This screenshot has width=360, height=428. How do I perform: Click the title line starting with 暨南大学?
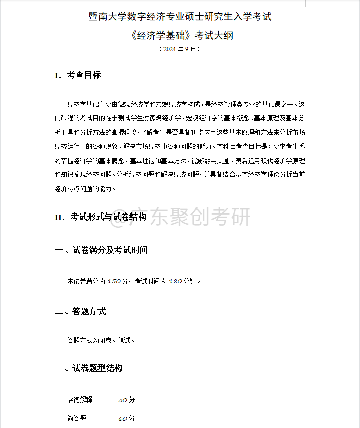(180, 17)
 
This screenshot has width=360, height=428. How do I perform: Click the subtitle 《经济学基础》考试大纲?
(180, 36)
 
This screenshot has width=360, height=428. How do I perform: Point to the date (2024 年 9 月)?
(180, 50)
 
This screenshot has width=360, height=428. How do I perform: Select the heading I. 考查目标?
(78, 75)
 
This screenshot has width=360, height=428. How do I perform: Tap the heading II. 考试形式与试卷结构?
(101, 217)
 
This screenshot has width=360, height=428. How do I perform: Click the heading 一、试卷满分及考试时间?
(102, 250)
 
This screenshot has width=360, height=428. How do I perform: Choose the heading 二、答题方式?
(81, 312)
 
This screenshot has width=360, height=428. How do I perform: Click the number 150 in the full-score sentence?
(114, 281)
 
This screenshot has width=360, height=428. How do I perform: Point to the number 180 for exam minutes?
(175, 281)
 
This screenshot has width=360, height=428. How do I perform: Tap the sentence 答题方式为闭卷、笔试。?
(101, 340)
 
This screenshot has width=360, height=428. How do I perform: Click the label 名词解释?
(80, 400)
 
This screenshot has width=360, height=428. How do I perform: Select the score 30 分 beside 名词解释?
(126, 400)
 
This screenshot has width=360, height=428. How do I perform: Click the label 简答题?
(77, 419)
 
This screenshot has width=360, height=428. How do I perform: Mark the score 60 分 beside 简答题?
(126, 419)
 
